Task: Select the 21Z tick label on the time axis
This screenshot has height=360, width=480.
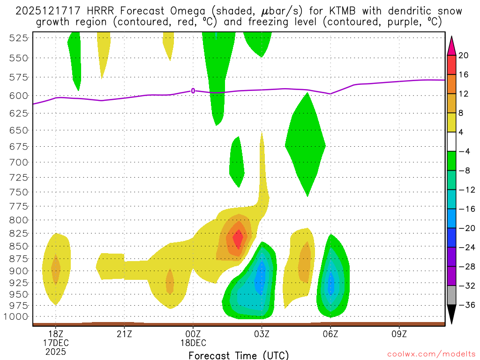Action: click(124, 333)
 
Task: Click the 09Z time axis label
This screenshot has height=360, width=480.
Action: click(399, 333)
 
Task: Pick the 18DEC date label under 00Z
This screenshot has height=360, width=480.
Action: click(193, 342)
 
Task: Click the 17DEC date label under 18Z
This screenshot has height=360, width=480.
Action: click(55, 342)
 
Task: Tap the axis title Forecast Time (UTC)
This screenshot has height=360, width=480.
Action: click(239, 355)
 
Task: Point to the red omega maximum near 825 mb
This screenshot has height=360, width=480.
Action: click(238, 240)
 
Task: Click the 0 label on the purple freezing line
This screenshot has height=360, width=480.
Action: click(193, 91)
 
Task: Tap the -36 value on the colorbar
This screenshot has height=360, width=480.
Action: click(465, 305)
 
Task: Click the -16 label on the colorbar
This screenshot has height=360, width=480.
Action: click(465, 209)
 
